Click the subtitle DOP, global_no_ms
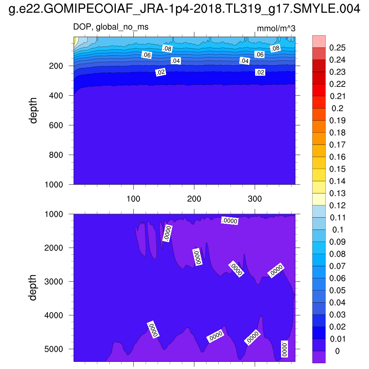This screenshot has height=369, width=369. (x=111, y=27)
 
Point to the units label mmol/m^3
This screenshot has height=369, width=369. (x=276, y=28)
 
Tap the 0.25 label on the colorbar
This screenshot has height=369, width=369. (x=337, y=48)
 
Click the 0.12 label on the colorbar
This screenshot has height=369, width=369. (x=337, y=205)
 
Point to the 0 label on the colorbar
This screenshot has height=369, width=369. (x=337, y=351)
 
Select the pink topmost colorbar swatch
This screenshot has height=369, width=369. (x=319, y=41)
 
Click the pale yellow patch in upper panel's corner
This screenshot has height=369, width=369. (x=76, y=42)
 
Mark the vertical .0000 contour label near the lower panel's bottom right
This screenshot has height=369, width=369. (x=284, y=349)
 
